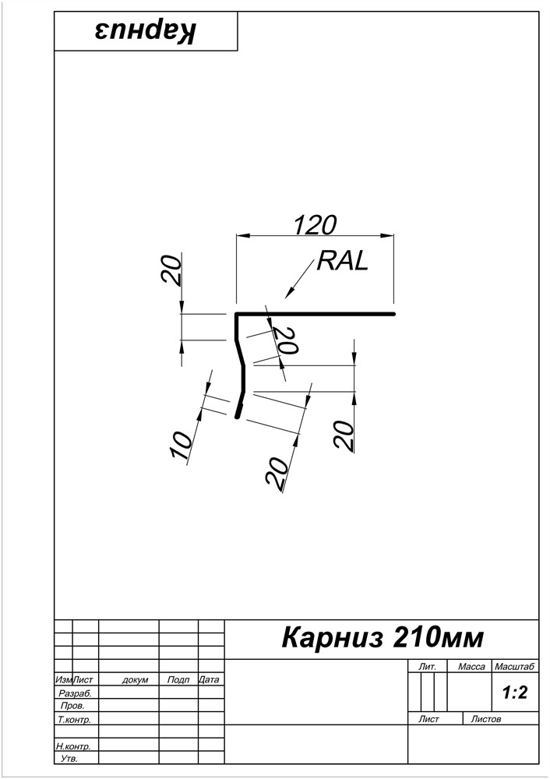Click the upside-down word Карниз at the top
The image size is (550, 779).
pyautogui.click(x=146, y=31)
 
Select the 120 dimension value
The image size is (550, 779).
pyautogui.click(x=315, y=224)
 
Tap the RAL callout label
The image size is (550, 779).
pyautogui.click(x=343, y=260)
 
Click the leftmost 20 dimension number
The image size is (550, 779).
pyautogui.click(x=171, y=270)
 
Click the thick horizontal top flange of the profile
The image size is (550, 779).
pyautogui.click(x=315, y=314)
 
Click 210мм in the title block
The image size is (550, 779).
pyautogui.click(x=439, y=638)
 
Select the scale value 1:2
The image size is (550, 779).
pyautogui.click(x=515, y=692)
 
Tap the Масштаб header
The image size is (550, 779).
pyautogui.click(x=514, y=667)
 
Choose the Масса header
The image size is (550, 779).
pyautogui.click(x=471, y=667)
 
